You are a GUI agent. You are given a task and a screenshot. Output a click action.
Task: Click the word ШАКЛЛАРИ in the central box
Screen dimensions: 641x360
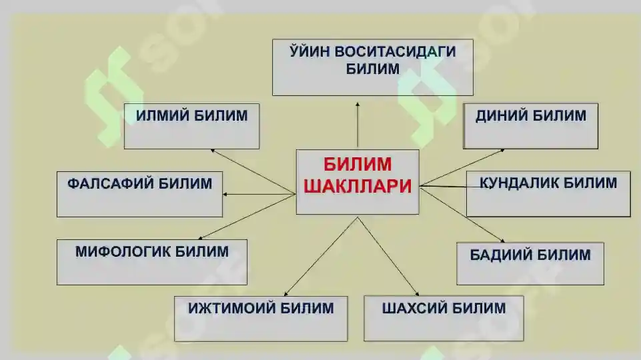coord(358,187)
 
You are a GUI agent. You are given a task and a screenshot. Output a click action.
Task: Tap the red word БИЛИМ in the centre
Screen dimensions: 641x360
coord(358,164)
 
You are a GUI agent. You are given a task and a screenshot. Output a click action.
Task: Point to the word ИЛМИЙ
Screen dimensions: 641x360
coord(162,115)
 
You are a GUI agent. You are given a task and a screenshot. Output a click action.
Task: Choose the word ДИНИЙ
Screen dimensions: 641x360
coord(501,116)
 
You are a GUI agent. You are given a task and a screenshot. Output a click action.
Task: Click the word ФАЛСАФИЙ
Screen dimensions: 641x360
coord(110,183)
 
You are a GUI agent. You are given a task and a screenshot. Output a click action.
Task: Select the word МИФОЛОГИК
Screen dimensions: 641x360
coord(122,252)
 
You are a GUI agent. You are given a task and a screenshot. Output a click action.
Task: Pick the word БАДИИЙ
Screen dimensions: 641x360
coord(500,255)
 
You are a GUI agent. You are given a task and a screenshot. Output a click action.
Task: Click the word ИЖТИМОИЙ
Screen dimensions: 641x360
coord(231,308)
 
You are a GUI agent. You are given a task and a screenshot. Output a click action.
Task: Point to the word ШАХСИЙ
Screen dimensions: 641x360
coord(414,308)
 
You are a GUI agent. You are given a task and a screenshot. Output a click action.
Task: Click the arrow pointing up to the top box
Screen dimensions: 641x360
coord(358,125)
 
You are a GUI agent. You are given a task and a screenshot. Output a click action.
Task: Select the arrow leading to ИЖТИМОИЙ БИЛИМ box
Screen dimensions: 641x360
coord(321,256)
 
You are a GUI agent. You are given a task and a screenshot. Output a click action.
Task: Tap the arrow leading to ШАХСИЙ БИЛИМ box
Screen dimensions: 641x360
coord(388,256)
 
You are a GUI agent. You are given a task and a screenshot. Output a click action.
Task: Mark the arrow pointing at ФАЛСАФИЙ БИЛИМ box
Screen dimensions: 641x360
coord(259,194)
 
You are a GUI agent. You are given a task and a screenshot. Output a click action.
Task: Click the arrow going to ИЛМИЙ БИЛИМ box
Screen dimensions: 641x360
coord(253,171)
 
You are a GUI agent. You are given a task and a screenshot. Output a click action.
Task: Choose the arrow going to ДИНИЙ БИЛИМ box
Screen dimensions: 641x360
coord(462,167)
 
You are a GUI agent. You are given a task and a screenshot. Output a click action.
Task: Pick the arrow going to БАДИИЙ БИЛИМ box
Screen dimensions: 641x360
coord(462,214)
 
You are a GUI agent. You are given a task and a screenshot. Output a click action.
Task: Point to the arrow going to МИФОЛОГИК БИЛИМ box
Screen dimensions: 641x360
coord(247,217)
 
